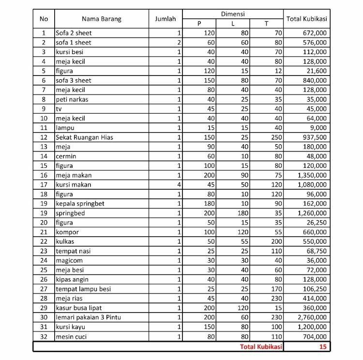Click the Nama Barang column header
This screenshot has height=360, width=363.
coord(101,19)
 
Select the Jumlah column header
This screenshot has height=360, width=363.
coord(166,19)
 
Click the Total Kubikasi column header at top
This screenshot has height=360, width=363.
coord(307,19)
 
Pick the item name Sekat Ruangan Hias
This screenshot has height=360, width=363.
coord(84,137)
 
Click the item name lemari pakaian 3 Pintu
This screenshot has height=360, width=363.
coord(93,317)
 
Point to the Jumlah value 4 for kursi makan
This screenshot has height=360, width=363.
coord(179,185)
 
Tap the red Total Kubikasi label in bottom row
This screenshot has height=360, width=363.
coord(259,346)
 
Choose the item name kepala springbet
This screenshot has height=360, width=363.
coord(80,204)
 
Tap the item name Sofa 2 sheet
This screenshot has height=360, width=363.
coord(74,33)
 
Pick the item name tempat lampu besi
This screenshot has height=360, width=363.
coord(83,289)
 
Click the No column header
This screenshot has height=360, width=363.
coord(44,19)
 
